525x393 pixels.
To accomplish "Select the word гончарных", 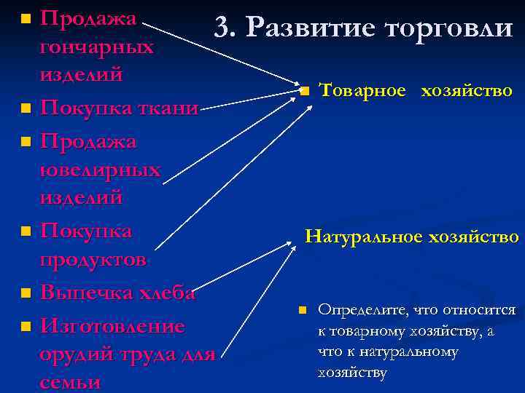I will (97, 47).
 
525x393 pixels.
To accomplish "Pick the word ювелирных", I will (101, 170).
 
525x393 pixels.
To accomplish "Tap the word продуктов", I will (93, 261).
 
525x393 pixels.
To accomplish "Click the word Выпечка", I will (85, 293).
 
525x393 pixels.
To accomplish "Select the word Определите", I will (362, 310).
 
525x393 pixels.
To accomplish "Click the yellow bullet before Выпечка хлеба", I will (26, 294).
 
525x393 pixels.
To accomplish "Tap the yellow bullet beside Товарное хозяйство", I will (305, 92).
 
